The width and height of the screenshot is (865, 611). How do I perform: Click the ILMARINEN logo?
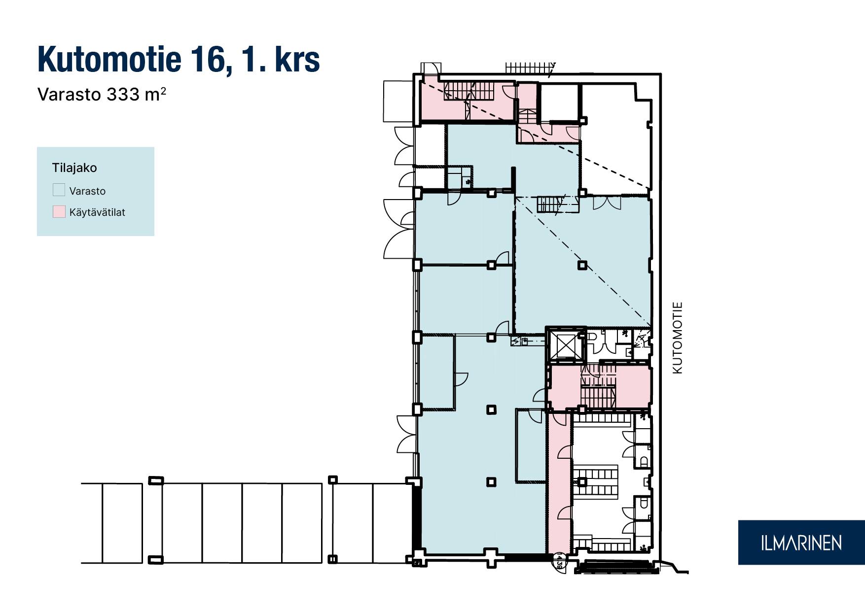[x=801, y=543]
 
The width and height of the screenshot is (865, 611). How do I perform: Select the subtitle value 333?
[x=123, y=94]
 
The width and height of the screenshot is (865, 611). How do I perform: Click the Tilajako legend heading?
[x=74, y=168]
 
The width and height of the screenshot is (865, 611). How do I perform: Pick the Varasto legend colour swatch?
[x=59, y=190]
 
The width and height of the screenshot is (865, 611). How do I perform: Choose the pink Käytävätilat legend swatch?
[x=59, y=212]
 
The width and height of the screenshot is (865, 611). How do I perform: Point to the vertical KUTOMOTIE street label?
[x=678, y=338]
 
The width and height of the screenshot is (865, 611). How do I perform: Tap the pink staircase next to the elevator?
[x=598, y=387]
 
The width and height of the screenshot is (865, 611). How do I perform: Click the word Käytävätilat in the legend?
[x=97, y=212]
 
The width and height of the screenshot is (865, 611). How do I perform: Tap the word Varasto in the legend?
[x=87, y=191]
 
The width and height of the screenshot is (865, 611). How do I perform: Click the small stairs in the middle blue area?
[x=549, y=204]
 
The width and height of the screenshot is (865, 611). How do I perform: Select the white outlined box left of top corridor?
[x=398, y=102]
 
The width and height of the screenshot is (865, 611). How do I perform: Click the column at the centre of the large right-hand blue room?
[x=582, y=265]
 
